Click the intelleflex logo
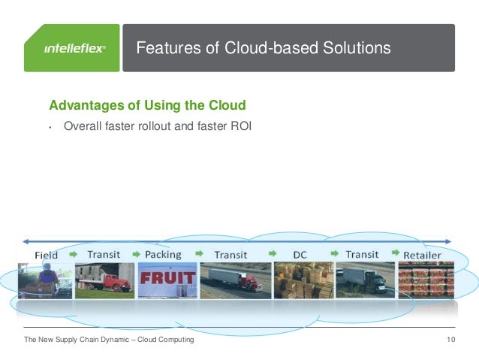pos(74,48)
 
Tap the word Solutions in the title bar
pos(356,48)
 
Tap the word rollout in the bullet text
pos(148,126)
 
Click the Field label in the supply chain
pos(47,256)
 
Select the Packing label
pos(163,255)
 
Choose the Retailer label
pos(423,255)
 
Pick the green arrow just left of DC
pos(273,255)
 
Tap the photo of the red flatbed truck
pos(104,280)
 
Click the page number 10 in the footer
pos(450,340)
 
